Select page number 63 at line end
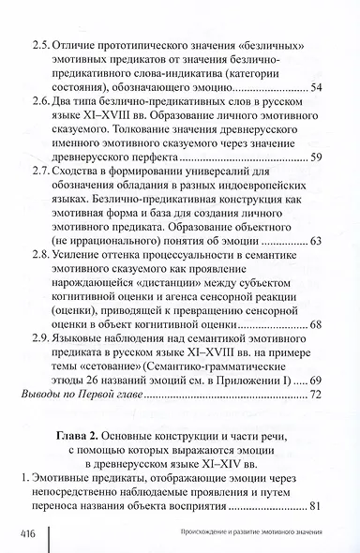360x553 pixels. point(314,267)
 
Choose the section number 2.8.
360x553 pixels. point(43,281)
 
